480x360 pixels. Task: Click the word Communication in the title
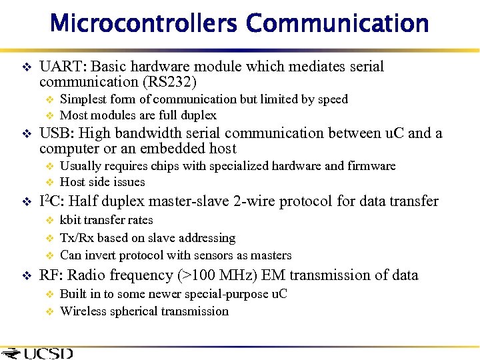pos(337,23)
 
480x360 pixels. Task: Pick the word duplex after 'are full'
pos(197,115)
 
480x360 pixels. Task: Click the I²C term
pos(51,201)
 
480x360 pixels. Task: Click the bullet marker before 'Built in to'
pos(48,294)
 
